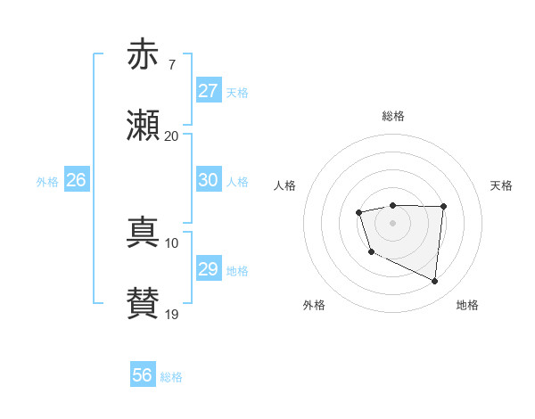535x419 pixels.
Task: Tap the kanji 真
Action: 143,232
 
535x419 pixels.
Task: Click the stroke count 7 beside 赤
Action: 171,65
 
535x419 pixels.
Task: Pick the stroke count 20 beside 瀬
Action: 171,136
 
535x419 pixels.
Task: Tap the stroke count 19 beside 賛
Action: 171,315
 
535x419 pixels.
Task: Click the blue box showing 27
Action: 208,91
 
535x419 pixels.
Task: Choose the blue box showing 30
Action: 208,180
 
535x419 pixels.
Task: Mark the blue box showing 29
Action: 208,269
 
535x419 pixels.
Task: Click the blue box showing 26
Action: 76,180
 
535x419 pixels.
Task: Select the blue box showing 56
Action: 143,375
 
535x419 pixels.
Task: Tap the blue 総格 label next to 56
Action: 171,377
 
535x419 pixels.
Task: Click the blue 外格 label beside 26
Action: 47,182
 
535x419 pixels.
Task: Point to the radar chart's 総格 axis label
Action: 392,116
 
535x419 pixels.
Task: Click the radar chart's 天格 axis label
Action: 502,185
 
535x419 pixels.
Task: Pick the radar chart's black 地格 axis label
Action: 467,306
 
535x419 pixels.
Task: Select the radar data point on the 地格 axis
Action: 435,282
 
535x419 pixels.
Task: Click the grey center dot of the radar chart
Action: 392,222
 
